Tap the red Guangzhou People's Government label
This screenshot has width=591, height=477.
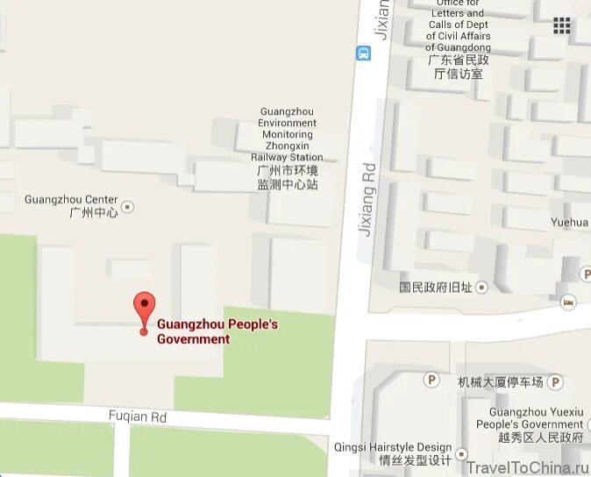tap(217, 331)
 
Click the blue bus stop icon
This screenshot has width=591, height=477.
tap(364, 53)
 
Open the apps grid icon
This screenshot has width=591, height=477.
tap(561, 25)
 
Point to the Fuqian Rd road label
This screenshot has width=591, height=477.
tap(138, 416)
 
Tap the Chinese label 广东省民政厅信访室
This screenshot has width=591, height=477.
tap(458, 67)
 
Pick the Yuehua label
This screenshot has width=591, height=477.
tap(570, 223)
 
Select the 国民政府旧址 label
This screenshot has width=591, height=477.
tap(436, 287)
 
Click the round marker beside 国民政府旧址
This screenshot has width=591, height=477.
tap(481, 287)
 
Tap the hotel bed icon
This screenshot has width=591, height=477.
tap(568, 302)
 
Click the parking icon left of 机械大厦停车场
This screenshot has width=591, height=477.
tap(431, 380)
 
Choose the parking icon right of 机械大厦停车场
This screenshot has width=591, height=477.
tap(554, 382)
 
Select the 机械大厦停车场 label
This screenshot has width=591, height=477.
tap(500, 382)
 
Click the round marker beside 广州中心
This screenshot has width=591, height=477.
tap(128, 207)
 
